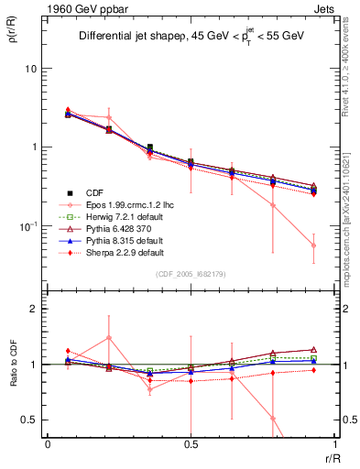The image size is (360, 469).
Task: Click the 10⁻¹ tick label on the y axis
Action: [x=29, y=225]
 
